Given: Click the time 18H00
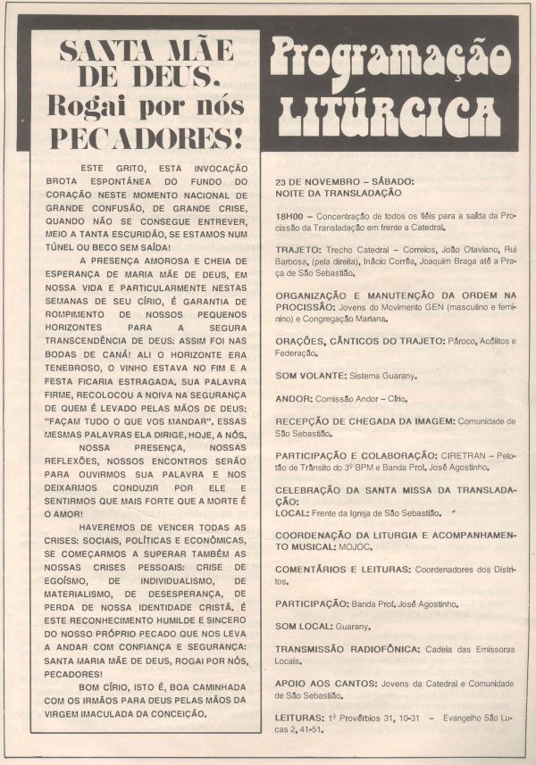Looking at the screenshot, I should click(291, 216).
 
